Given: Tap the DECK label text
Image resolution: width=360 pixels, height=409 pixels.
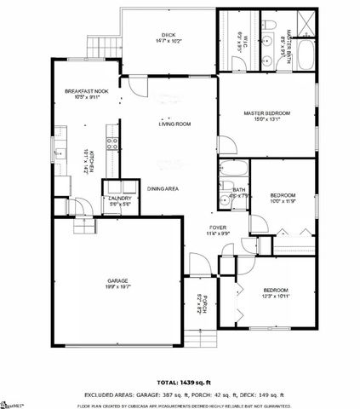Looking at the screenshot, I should pyautogui.click(x=168, y=35).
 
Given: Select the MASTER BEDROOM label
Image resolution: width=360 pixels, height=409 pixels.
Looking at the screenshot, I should pyautogui.click(x=268, y=112).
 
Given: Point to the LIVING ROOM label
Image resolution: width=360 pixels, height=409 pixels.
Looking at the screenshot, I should pyautogui.click(x=174, y=124).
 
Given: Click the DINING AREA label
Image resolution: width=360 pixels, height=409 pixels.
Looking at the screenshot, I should pyautogui.click(x=163, y=188).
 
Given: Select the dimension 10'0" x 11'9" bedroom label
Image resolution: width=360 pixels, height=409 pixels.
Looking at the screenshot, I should pyautogui.click(x=283, y=201).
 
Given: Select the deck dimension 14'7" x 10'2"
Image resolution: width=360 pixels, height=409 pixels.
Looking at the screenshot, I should pyautogui.click(x=168, y=41).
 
